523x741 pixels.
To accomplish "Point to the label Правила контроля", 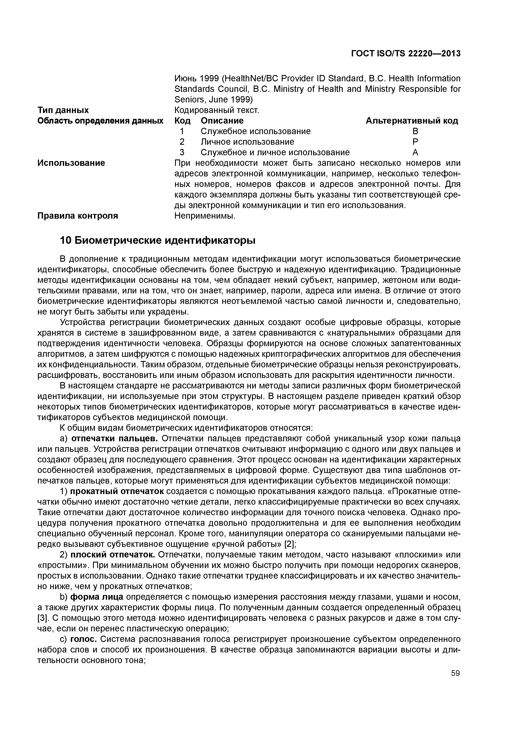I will tap(78, 216).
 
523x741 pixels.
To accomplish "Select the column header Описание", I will tap(222, 121).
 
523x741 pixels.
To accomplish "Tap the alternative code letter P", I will tap(415, 142).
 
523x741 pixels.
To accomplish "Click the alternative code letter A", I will tap(415, 152).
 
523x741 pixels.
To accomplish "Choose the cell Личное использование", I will tap(247, 142).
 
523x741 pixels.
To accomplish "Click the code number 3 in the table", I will tap(182, 152).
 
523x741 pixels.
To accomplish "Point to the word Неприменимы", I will tap(205, 216).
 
